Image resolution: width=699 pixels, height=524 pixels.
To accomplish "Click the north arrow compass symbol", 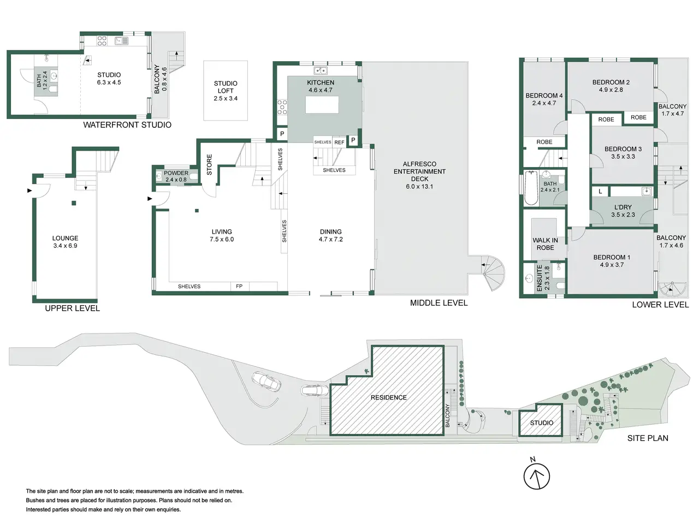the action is click(x=537, y=476).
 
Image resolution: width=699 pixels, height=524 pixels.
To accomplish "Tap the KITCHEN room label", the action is click(x=321, y=83).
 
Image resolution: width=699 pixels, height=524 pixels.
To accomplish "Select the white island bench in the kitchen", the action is click(x=322, y=105).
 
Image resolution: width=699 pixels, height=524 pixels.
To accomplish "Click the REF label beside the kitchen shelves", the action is click(x=339, y=142).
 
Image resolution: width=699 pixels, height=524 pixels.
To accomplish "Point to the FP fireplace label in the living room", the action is click(x=239, y=287).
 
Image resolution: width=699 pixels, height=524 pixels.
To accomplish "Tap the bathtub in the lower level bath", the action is click(x=531, y=188).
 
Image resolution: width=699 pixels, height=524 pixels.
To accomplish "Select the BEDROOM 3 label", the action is click(x=623, y=149).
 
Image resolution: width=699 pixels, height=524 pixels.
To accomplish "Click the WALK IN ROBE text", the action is click(x=545, y=244).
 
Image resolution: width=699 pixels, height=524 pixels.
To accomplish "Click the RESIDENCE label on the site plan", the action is click(x=388, y=397).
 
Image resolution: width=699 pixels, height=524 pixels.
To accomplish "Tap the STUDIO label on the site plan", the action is click(x=541, y=423).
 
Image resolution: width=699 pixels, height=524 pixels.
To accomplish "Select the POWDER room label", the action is click(x=176, y=173).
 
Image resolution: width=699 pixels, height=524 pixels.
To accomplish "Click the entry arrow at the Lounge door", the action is click(x=29, y=190).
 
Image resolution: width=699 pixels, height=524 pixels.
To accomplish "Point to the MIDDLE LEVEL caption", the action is click(x=439, y=303).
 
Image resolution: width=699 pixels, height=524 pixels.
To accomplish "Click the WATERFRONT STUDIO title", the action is click(x=127, y=124).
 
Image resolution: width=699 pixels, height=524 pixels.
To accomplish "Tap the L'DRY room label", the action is click(x=623, y=207).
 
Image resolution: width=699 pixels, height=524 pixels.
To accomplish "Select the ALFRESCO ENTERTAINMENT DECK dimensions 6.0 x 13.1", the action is click(x=419, y=187).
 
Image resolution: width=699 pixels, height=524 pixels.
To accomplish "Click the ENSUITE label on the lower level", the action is click(x=539, y=278).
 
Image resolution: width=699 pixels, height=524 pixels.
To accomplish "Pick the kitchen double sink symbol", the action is click(x=321, y=70).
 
